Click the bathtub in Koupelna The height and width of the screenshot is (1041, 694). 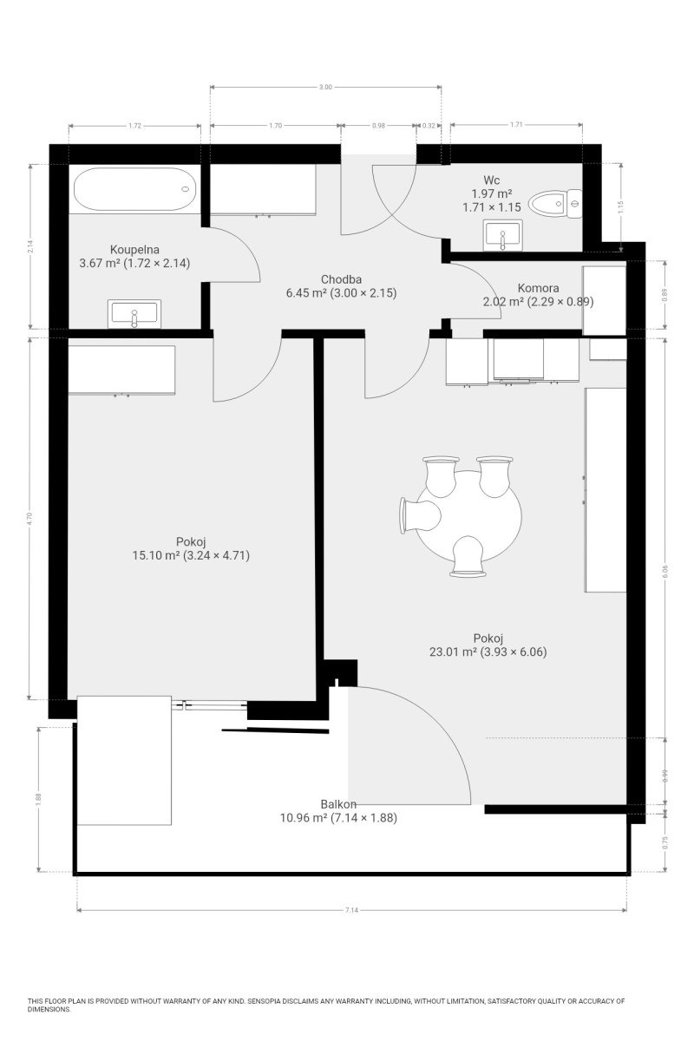(x=134, y=189)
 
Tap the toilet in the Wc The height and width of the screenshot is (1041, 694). (x=555, y=204)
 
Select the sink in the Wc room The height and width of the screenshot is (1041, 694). (x=502, y=235)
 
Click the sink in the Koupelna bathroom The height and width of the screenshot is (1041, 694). (x=134, y=314)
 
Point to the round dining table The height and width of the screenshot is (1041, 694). (x=468, y=516)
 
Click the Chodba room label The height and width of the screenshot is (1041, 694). (x=341, y=279)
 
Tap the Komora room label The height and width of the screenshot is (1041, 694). (x=538, y=288)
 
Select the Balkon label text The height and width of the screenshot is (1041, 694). (x=338, y=803)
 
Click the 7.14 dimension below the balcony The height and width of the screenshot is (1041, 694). (x=351, y=910)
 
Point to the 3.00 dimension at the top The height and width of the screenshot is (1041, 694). (x=326, y=87)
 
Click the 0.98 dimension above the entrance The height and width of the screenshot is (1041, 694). (x=379, y=126)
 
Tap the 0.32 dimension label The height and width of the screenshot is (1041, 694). (x=429, y=126)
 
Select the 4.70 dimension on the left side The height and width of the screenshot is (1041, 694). (x=30, y=518)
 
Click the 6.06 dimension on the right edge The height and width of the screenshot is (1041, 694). (x=665, y=572)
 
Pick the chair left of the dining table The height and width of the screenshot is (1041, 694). (x=420, y=515)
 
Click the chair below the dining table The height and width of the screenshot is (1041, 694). (x=468, y=556)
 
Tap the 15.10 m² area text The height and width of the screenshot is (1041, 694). (x=156, y=555)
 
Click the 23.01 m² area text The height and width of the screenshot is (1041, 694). (x=453, y=651)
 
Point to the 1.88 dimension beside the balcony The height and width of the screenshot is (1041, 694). (x=38, y=798)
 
